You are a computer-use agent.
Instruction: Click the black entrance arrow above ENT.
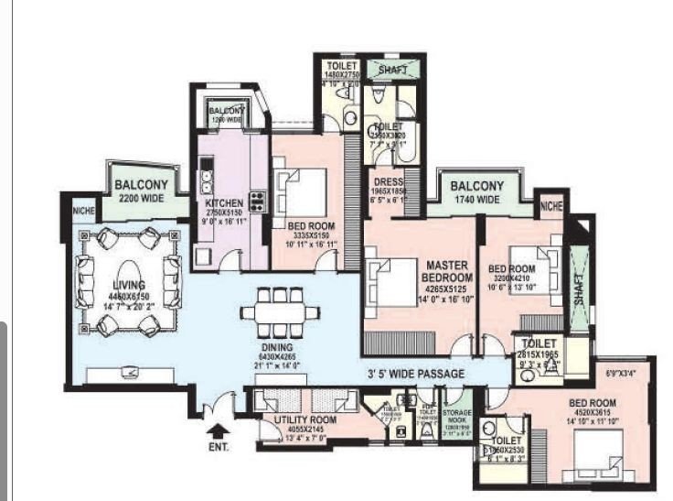pos(216,427)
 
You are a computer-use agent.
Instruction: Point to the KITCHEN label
pos(223,201)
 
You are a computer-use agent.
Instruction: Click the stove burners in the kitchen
pos(257,201)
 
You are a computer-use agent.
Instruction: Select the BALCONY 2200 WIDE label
pos(140,190)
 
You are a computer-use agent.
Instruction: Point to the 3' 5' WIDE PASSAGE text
pos(416,374)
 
